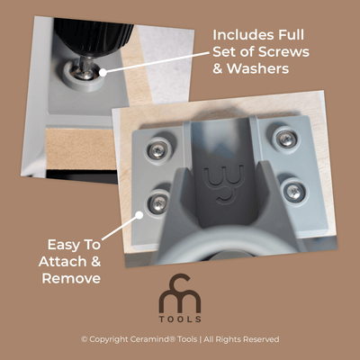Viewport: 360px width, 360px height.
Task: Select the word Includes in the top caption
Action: point(240,34)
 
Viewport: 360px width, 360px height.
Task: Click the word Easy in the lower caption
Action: point(60,245)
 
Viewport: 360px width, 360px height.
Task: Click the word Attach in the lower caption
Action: point(60,262)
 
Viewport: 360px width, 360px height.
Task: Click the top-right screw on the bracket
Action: point(285,139)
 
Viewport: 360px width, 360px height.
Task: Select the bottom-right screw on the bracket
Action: point(294,191)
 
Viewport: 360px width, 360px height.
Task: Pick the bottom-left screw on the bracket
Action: point(158,202)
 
